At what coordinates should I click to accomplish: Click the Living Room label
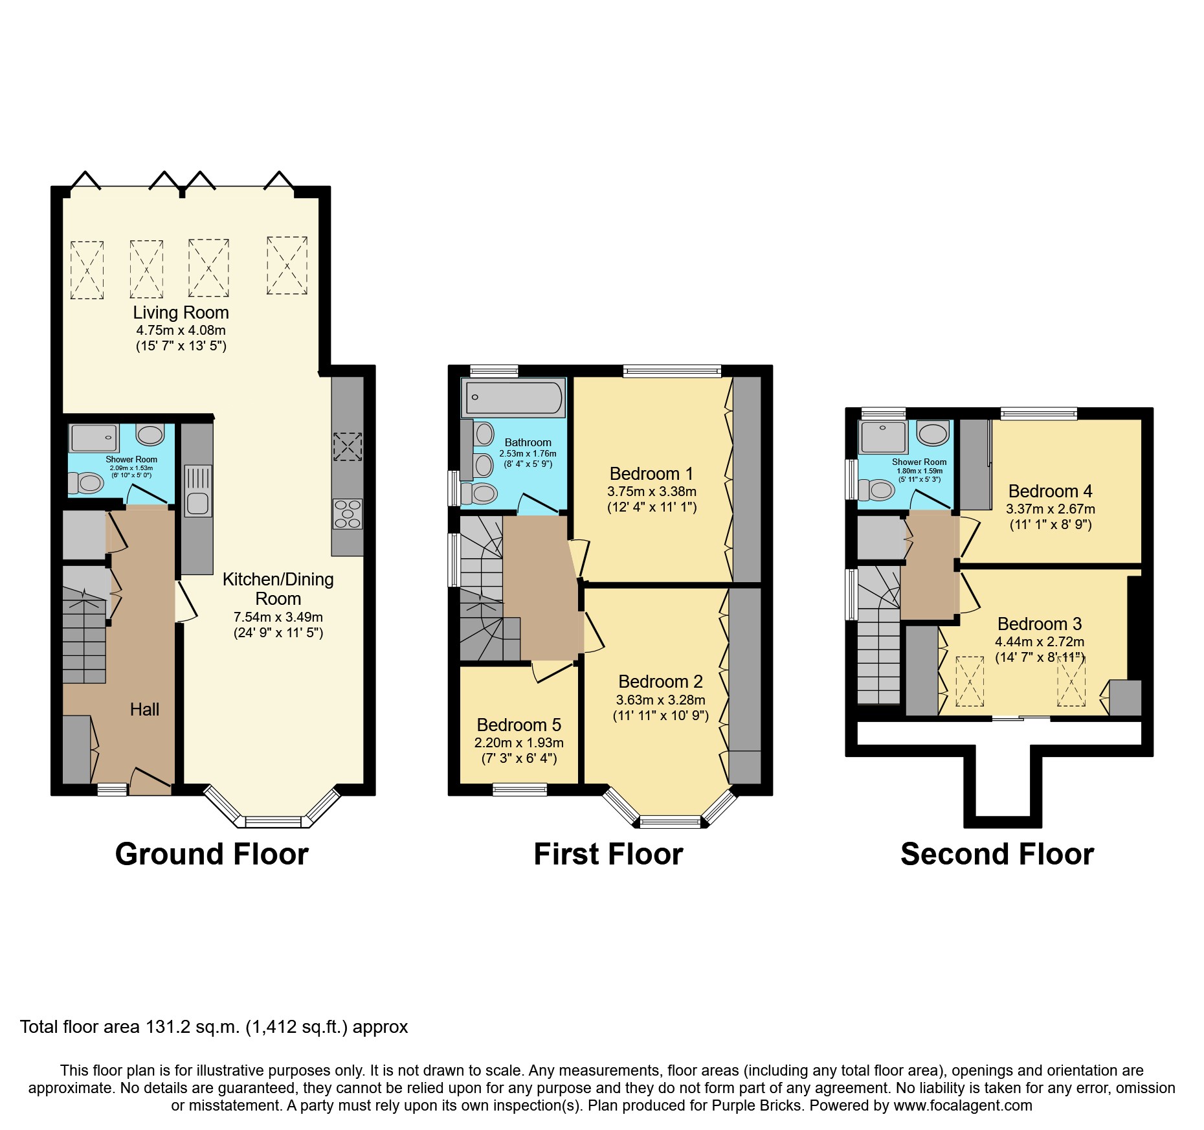click(x=181, y=313)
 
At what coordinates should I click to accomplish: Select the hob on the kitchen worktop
click(x=348, y=514)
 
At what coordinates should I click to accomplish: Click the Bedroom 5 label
click(x=518, y=725)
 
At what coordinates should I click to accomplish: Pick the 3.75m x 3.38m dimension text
click(x=652, y=492)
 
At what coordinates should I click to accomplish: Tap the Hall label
click(x=144, y=710)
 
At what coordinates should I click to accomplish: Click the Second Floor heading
click(x=997, y=854)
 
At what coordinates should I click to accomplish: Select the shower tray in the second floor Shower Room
click(x=883, y=437)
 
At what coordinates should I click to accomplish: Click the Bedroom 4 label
click(x=1050, y=492)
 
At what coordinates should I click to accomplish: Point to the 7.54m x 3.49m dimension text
click(x=278, y=617)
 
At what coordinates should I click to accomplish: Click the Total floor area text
click(x=214, y=1027)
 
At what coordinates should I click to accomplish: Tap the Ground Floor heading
click(x=212, y=854)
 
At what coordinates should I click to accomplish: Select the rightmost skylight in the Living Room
click(x=287, y=266)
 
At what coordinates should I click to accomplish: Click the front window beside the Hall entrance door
click(x=113, y=789)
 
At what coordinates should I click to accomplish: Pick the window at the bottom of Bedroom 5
click(x=519, y=789)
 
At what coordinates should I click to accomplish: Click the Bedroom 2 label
click(x=660, y=682)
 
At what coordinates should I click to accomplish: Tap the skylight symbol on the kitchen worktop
click(x=348, y=446)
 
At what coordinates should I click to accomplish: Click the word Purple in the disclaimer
click(x=738, y=1105)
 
